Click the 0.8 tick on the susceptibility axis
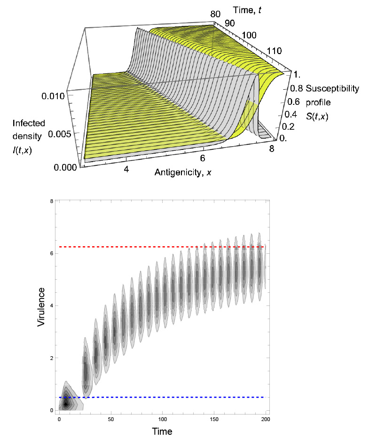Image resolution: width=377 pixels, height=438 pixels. coord(296,88)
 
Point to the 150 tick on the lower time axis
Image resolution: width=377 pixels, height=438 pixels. coord(214,419)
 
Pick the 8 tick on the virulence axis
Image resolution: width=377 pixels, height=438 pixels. coord(50,202)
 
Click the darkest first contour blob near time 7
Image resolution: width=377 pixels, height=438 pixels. coord(67,403)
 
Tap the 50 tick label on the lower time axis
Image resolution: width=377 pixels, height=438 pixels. coord(111,419)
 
